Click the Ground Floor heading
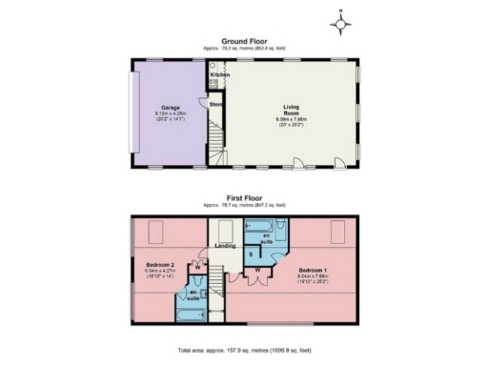[244, 41]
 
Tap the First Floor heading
[244, 202]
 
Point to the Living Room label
[292, 110]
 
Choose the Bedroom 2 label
[159, 263]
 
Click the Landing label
[226, 246]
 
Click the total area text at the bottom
[244, 350]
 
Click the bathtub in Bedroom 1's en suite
[260, 228]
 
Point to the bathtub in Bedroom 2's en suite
[189, 312]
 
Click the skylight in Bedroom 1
[335, 230]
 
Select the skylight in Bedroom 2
[157, 230]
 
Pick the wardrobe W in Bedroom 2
[196, 267]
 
